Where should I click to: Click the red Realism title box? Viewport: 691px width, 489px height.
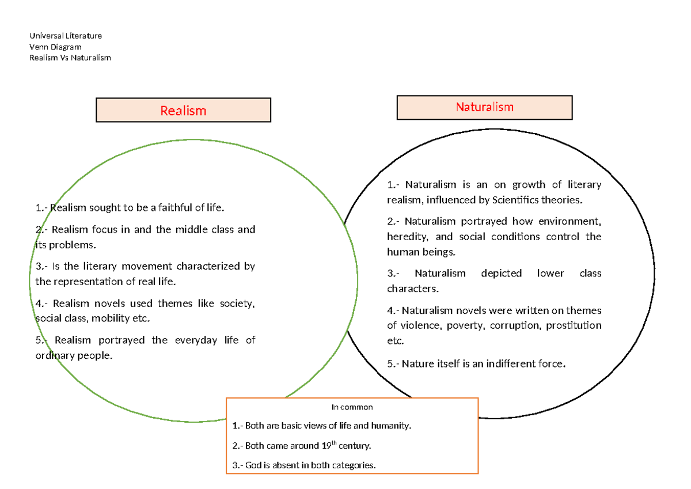[x=183, y=110]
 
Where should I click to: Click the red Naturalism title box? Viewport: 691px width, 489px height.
[x=484, y=107]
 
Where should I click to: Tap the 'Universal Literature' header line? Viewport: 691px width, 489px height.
[x=66, y=36]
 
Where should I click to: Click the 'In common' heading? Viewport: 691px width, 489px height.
[x=352, y=407]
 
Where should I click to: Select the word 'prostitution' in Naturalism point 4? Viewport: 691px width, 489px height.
[x=574, y=326]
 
